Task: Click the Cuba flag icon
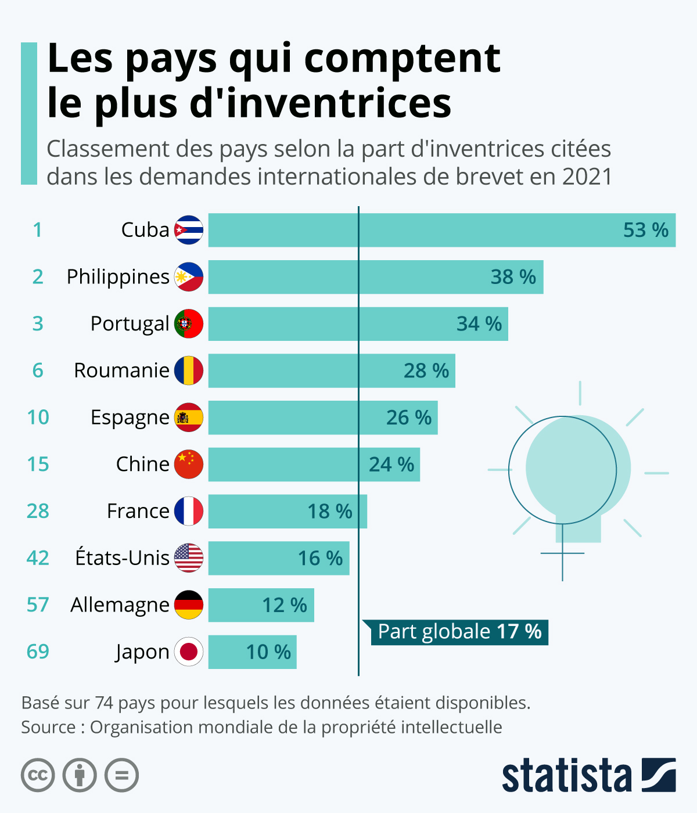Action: tap(189, 230)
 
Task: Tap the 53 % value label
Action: tap(645, 230)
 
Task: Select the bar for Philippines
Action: tap(375, 277)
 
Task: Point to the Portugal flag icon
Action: tap(189, 324)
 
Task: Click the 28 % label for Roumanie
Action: tap(426, 370)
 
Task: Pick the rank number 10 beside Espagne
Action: tap(38, 418)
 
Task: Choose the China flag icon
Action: tap(189, 465)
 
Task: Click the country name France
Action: tap(138, 511)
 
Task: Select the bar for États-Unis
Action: tap(279, 558)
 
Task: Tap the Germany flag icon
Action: tap(189, 605)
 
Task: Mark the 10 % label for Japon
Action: tap(268, 652)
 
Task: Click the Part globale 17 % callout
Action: tap(459, 632)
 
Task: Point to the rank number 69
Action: tap(38, 652)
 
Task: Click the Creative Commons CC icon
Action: tap(38, 775)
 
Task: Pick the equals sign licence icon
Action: tap(121, 775)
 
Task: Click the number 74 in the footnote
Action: tap(104, 703)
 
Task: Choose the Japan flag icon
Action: tap(189, 652)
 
